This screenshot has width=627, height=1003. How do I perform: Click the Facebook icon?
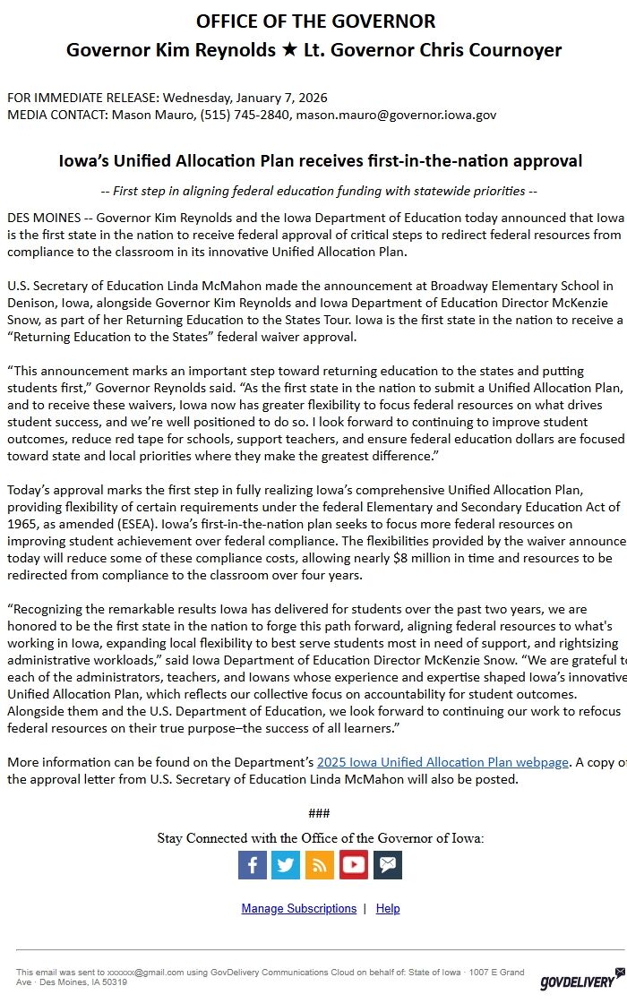[x=253, y=864]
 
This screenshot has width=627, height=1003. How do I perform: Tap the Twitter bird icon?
[x=286, y=864]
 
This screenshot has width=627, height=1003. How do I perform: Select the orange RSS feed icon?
[x=320, y=864]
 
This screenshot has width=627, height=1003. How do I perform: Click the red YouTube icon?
[x=354, y=864]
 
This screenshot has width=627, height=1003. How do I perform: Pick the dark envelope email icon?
[x=388, y=864]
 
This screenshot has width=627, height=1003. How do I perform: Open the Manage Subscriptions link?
[x=298, y=908]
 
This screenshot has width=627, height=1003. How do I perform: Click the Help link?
[x=388, y=908]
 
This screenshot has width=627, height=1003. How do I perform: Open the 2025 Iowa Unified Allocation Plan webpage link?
[x=442, y=762]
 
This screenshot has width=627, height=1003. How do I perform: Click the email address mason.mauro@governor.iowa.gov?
[x=396, y=115]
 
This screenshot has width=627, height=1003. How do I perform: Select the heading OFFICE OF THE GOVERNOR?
[x=315, y=21]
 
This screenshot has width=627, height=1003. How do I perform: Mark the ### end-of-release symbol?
[x=319, y=813]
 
